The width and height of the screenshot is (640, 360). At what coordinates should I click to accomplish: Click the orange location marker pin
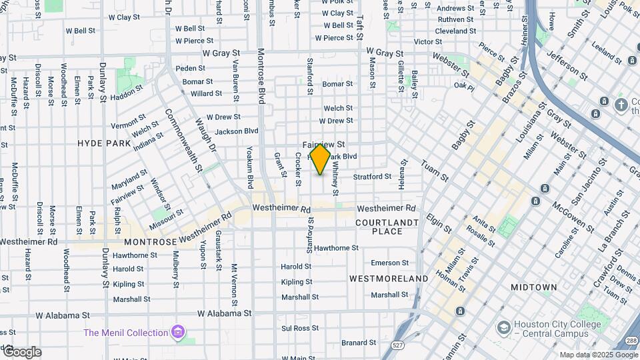pyautogui.click(x=320, y=159)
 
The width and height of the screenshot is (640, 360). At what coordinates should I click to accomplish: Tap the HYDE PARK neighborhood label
pyautogui.click(x=104, y=143)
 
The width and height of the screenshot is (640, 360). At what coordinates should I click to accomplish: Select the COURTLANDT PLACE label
pyautogui.click(x=387, y=227)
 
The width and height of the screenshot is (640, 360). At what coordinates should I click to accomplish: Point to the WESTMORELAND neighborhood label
pyautogui.click(x=389, y=278)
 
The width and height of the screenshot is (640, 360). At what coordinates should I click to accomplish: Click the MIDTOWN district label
pyautogui.click(x=533, y=287)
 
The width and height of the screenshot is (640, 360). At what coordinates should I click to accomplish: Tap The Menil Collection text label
pyautogui.click(x=125, y=333)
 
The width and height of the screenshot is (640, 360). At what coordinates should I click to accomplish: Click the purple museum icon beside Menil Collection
pyautogui.click(x=177, y=331)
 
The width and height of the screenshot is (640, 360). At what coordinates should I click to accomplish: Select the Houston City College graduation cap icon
pyautogui.click(x=504, y=327)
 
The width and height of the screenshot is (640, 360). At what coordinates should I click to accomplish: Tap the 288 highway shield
pyautogui.click(x=630, y=341)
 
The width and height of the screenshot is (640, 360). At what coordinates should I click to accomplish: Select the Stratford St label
pyautogui.click(x=372, y=177)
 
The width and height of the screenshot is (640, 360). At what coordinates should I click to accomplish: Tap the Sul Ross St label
pyautogui.click(x=297, y=328)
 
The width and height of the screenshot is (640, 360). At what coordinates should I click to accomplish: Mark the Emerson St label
pyautogui.click(x=389, y=263)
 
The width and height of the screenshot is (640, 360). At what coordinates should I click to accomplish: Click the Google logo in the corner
pyautogui.click(x=22, y=351)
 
